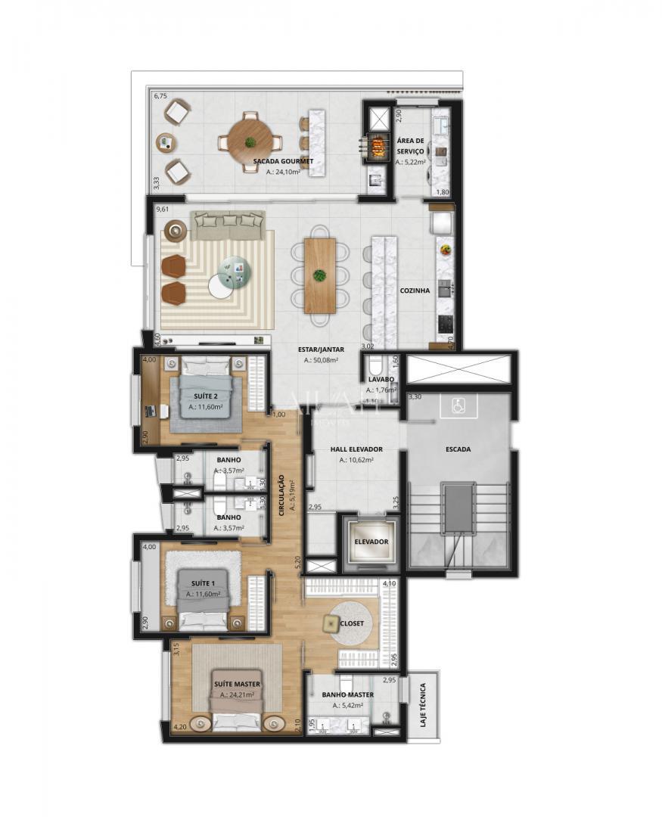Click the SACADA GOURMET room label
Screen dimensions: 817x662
pos(283,161)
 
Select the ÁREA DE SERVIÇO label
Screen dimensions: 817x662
pos(411,147)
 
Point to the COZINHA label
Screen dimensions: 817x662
pos(415,290)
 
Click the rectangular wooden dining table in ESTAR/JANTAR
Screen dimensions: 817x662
pos(320,275)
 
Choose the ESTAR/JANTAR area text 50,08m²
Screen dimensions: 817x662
pos(321,361)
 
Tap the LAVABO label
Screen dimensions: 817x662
pos(381,380)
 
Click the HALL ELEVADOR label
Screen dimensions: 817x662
pos(356,449)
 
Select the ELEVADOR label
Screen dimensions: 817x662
pos(371,542)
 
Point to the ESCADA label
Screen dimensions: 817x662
pos(458,449)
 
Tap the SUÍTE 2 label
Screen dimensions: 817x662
pos(205,396)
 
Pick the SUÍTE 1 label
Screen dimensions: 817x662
pos(203,583)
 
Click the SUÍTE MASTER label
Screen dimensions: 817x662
pos(236,683)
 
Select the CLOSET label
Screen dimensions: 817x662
pos(352,623)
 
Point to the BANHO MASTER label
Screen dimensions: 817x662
pos(347,694)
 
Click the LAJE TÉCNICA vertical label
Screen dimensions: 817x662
pos(422,704)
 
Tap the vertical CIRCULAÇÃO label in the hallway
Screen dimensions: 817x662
pos(281,495)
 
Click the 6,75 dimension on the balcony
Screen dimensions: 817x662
pos(160,97)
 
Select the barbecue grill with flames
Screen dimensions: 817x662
pos(377,143)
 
